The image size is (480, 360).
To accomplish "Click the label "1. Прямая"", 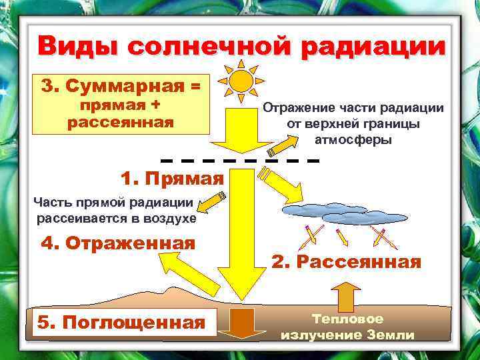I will click(x=172, y=178).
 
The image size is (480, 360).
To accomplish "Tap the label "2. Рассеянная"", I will click(x=346, y=262).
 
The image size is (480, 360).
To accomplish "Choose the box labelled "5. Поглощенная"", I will click(x=121, y=323).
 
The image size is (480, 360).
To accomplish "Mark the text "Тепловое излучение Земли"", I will click(x=347, y=327).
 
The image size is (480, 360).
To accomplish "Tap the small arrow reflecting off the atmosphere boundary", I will click(x=285, y=143).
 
